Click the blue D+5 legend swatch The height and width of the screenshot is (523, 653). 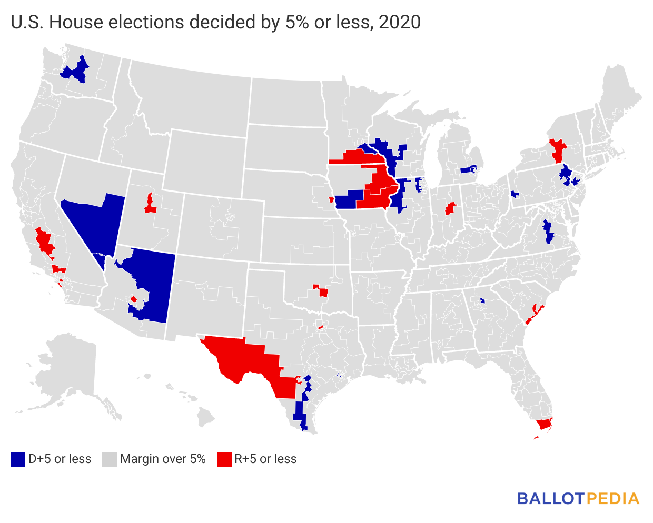click(x=18, y=459)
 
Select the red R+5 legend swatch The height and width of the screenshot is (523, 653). click(x=224, y=459)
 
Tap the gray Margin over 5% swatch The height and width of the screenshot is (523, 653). click(x=109, y=459)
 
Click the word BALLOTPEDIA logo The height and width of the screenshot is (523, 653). click(x=578, y=498)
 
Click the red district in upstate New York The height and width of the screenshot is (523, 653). click(x=557, y=151)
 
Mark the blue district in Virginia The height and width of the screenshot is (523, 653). click(x=548, y=232)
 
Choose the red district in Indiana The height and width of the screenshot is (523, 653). click(x=450, y=208)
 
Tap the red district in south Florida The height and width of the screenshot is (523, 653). click(x=543, y=424)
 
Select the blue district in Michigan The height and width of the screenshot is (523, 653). click(x=468, y=170)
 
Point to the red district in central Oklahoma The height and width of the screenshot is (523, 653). click(x=323, y=292)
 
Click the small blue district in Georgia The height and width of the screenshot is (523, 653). click(x=482, y=301)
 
